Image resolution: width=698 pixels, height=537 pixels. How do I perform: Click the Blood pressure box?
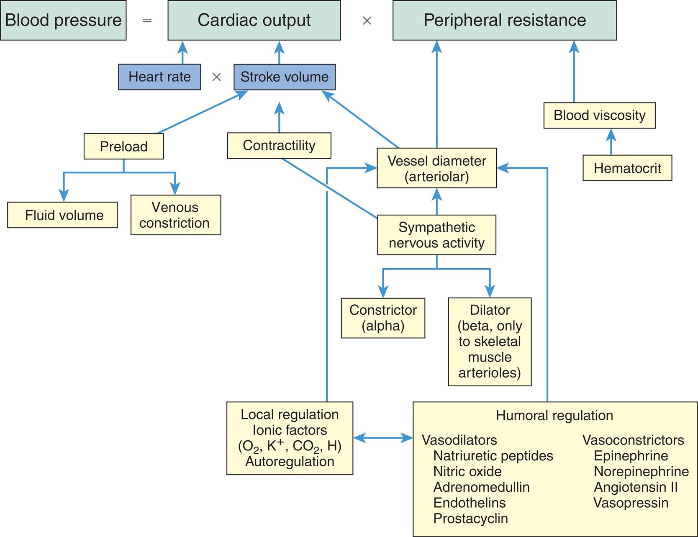tap(63, 21)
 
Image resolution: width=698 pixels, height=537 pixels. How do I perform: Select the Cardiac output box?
tap(254, 21)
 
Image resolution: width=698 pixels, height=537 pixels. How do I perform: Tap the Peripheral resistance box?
tap(504, 21)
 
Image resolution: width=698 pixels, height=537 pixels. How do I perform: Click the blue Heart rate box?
tap(159, 77)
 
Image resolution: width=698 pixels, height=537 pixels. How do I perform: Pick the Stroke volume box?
tap(285, 77)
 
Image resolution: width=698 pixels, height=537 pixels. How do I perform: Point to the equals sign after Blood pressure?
tap(147, 21)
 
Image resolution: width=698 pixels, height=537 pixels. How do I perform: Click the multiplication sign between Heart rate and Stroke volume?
tap(216, 77)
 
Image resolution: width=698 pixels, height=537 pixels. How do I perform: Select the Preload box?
tap(123, 146)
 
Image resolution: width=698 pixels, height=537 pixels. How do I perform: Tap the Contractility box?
tap(279, 146)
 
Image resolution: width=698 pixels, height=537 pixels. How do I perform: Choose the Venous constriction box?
tap(175, 215)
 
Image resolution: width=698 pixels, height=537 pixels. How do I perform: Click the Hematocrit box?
tap(627, 168)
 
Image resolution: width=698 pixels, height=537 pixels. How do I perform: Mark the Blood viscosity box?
tap(599, 116)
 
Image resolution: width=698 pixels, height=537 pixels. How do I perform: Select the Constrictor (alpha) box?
tap(383, 318)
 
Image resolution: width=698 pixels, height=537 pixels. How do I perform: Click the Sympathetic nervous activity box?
tap(436, 235)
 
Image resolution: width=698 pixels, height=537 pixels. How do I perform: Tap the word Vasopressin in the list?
tap(631, 503)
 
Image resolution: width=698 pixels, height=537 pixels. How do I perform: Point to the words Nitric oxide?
tap(467, 472)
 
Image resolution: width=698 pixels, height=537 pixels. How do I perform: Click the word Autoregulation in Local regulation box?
tap(290, 462)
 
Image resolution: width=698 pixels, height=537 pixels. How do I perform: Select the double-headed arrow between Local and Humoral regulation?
tap(383, 438)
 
